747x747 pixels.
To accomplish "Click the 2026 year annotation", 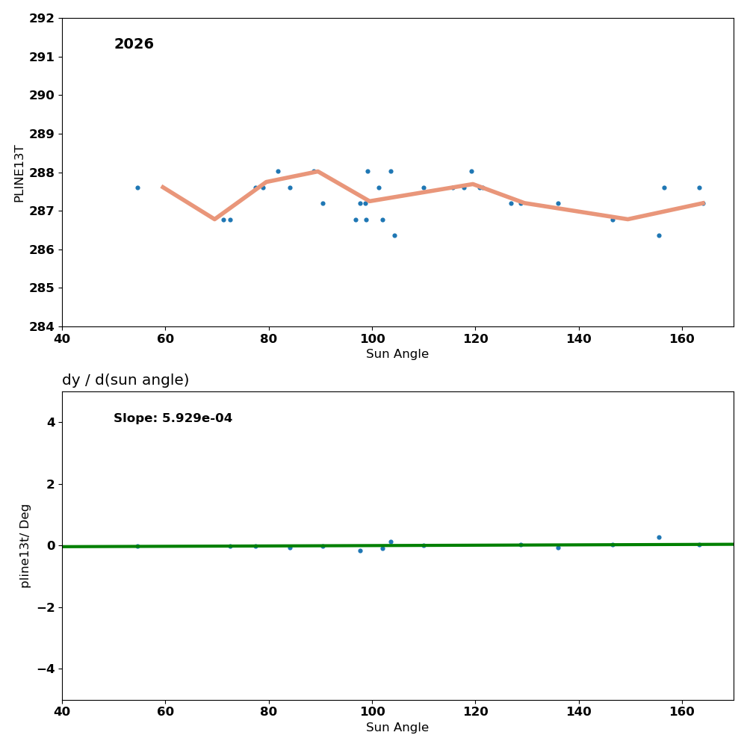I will coord(134,45).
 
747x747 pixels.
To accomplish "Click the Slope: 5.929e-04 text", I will coord(173,418).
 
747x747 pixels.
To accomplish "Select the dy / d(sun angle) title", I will coord(125,380).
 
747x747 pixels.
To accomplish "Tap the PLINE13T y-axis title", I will coord(19,173).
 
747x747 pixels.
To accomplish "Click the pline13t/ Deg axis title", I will coord(25,545).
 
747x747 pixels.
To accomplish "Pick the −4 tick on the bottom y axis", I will coord(46,669).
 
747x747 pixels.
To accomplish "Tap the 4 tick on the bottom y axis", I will coord(51,423).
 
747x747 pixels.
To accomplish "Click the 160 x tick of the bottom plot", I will coord(682,711).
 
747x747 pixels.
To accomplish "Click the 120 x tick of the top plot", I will coord(475,338).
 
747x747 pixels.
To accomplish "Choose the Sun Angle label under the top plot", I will coord(397,354).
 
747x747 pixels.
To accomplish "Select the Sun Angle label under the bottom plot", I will coord(397,728).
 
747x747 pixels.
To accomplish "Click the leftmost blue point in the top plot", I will coord(137,187).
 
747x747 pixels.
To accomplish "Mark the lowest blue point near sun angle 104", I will coord(394,235).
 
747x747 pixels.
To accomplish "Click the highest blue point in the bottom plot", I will coord(659,537).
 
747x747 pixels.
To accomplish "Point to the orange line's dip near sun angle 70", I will coord(214,219).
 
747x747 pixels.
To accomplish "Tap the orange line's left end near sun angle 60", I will coord(162,187).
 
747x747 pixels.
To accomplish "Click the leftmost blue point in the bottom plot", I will coord(137,546).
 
